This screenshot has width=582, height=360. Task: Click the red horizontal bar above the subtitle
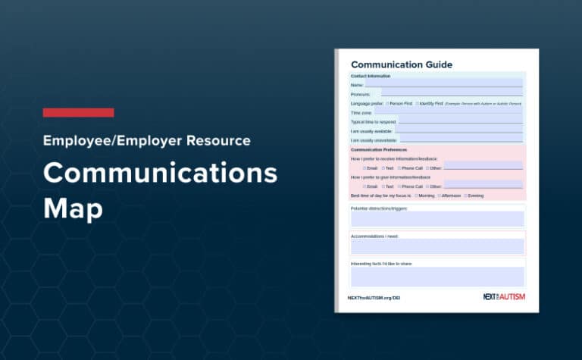click(x=78, y=113)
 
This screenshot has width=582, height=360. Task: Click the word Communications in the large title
click(x=161, y=174)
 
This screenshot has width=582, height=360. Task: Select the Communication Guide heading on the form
click(x=402, y=64)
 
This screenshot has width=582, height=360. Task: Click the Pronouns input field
click(x=452, y=94)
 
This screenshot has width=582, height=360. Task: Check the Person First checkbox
click(x=388, y=103)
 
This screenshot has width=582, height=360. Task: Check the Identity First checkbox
click(x=418, y=103)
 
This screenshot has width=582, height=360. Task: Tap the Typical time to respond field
click(x=460, y=121)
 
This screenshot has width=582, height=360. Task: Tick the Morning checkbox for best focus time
click(x=416, y=196)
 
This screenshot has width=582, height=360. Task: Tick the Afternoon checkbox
click(x=440, y=196)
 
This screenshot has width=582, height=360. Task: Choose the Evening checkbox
click(x=465, y=196)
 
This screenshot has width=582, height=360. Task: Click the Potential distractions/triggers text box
click(x=437, y=219)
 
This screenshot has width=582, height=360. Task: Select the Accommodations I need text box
click(x=437, y=246)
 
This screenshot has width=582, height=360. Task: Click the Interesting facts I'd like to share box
click(x=437, y=276)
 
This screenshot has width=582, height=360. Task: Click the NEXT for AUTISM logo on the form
click(x=504, y=297)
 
